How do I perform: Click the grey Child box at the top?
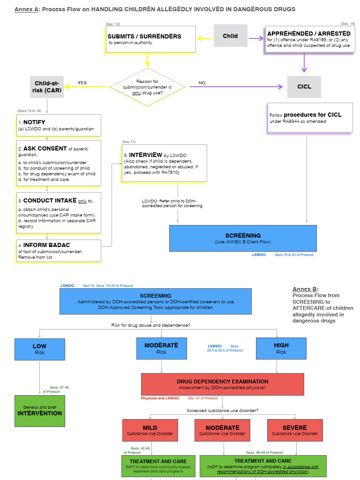pyautogui.click(x=230, y=36)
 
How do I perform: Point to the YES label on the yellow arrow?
pyautogui.click(x=82, y=83)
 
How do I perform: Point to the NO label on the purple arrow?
pyautogui.click(x=202, y=83)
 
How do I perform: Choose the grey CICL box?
pyautogui.click(x=304, y=87)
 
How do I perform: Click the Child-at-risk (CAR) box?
pyautogui.click(x=47, y=87)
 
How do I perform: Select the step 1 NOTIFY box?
pyautogui.click(x=59, y=125)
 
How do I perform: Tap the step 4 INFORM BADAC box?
pyautogui.click(x=59, y=251)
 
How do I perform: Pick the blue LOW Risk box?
pyautogui.click(x=39, y=349)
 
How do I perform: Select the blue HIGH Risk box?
pyautogui.click(x=281, y=348)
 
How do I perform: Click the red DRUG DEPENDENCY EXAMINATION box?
pyautogui.click(x=222, y=384)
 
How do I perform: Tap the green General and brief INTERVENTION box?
pyautogui.click(x=39, y=411)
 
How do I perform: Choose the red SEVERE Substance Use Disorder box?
pyautogui.click(x=294, y=430)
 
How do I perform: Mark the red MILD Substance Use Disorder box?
pyautogui.click(x=150, y=430)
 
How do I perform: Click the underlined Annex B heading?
pyautogui.click(x=305, y=289)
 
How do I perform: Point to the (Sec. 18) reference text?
pyautogui.click(x=348, y=23)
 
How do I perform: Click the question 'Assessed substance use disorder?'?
pyautogui.click(x=222, y=411)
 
